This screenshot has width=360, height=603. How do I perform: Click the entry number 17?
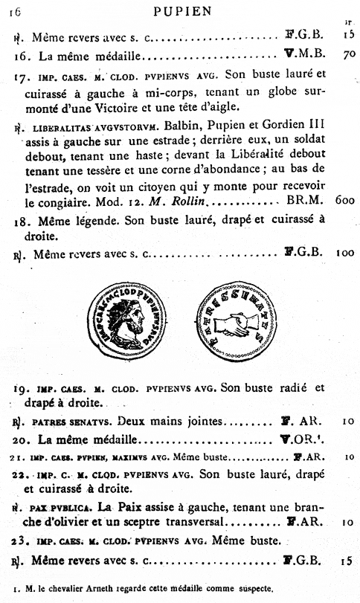[x=22, y=77]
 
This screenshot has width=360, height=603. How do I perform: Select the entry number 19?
[x=22, y=388]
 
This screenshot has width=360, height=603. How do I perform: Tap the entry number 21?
[x=21, y=457]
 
